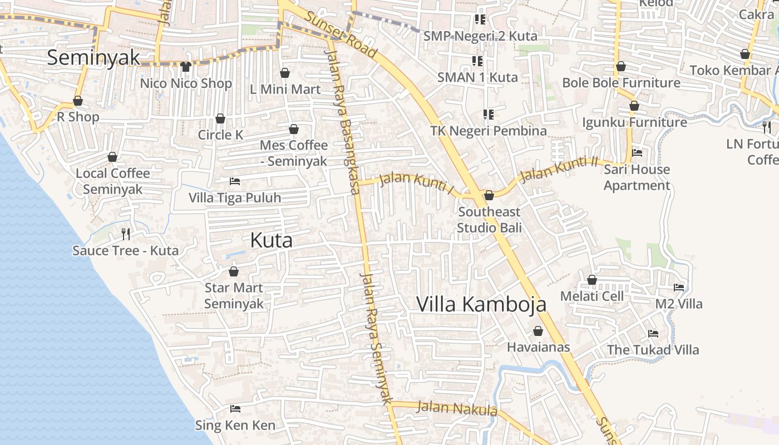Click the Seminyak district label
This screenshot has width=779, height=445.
93,57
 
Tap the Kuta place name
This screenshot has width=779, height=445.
271,240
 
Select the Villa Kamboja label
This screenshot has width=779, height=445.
481,304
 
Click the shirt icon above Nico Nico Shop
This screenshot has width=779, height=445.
186,67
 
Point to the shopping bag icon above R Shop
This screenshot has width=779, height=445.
78,101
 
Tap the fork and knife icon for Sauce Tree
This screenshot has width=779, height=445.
126,234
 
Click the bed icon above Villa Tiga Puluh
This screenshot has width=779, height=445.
235,181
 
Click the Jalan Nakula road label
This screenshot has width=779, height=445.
457,408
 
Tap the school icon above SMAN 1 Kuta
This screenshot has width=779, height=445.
477,61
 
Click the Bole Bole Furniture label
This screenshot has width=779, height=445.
621,83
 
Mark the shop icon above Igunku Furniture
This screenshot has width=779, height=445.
634,106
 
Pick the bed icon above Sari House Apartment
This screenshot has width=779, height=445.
637,153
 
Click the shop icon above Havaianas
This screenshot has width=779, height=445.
538,331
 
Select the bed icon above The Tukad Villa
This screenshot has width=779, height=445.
653,334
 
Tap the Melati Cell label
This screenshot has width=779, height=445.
592,296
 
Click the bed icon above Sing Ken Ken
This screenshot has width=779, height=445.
235,409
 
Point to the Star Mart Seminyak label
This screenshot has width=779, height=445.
234,296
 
